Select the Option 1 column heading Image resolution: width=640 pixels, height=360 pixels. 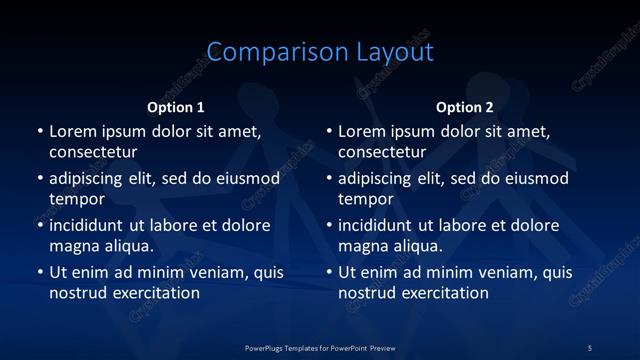coord(176,107)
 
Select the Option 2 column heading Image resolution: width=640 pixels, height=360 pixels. coord(465,107)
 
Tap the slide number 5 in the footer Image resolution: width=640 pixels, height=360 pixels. coord(589,347)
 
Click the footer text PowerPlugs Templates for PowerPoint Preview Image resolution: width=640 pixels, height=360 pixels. coord(320,347)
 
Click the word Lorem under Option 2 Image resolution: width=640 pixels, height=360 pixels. coord(361,131)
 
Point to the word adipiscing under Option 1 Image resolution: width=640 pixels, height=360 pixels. coord(91,179)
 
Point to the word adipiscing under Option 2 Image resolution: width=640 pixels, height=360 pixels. coord(381,179)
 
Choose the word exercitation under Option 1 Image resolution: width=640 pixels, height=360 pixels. coord(155,293)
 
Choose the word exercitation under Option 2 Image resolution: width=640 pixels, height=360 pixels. coord(444,293)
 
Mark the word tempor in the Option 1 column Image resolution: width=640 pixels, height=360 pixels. coord(77,199)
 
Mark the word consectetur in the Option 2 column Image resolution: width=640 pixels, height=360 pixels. coord(382,152)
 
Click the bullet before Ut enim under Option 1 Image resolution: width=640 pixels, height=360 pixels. coord(40,273)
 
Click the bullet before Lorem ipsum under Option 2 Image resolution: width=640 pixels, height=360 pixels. coord(330,132)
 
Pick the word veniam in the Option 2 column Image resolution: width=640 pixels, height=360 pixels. coord(487,272)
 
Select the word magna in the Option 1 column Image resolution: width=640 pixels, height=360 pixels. coord(73,246)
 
